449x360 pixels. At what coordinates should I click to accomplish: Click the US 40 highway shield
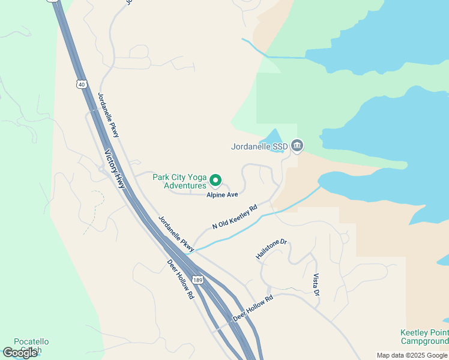pos(82,84)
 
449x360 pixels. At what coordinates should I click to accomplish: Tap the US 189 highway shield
pos(197,280)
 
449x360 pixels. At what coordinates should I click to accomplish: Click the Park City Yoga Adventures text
pos(179,181)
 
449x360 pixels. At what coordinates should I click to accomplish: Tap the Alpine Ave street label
pos(223,195)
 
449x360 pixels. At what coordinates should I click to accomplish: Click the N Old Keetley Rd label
pos(235,217)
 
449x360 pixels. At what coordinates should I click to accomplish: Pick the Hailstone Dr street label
pos(271,250)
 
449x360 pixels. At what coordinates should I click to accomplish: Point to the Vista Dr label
pos(316,284)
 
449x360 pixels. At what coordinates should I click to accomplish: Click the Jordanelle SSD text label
pos(259,146)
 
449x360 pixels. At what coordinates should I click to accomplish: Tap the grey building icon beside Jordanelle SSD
pos(297,145)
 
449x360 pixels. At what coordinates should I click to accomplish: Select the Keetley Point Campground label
pos(424,337)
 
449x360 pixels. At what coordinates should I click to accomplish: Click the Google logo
pos(20,353)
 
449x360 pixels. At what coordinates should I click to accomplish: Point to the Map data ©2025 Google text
pos(412,355)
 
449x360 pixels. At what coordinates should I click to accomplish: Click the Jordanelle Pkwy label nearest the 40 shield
pos(109,113)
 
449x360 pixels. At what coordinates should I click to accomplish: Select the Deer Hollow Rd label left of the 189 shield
pos(181,279)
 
